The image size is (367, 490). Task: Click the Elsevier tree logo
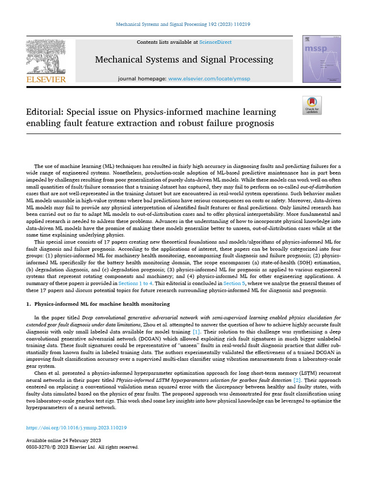(x=46, y=56)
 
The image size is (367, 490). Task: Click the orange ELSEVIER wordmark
(x=46, y=79)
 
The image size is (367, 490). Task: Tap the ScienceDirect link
(x=216, y=42)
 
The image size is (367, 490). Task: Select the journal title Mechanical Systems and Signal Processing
(x=184, y=60)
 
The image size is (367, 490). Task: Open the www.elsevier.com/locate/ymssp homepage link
(x=209, y=78)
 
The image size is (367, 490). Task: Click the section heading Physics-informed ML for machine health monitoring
(x=102, y=304)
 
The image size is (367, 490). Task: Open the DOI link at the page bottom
(x=76, y=428)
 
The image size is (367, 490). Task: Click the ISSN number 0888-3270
(x=38, y=447)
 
